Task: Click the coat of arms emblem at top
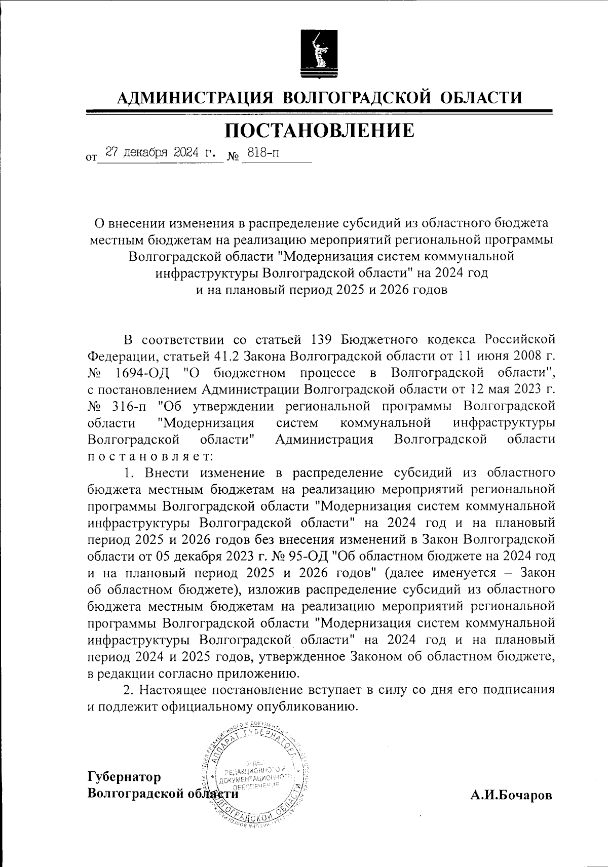(319, 54)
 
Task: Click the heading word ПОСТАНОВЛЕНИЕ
(320, 130)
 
